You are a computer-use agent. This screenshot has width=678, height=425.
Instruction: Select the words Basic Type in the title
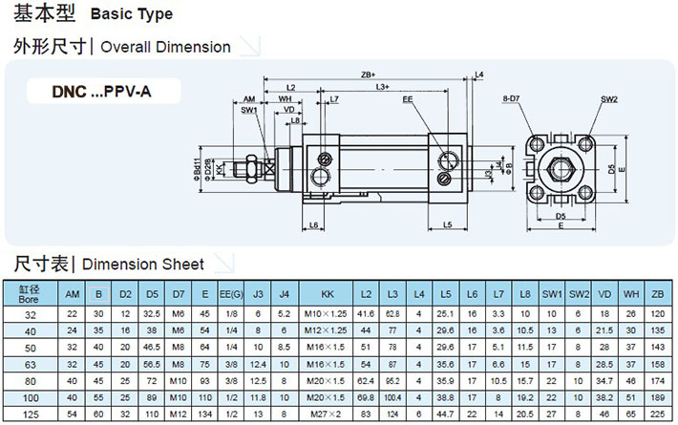click(x=131, y=14)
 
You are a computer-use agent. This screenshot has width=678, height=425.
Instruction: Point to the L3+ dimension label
click(x=382, y=87)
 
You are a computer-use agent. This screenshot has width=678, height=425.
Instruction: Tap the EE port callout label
click(x=408, y=98)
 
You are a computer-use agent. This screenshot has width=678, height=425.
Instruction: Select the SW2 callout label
click(x=608, y=98)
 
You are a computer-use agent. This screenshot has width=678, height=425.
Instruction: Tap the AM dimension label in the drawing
click(x=249, y=98)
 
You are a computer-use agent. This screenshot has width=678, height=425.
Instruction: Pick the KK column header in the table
click(x=327, y=293)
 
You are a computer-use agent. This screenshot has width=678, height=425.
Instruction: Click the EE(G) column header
click(x=230, y=293)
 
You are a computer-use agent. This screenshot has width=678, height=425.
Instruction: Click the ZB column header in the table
click(x=656, y=293)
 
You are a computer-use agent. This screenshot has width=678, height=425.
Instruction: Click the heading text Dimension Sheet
click(x=143, y=265)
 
